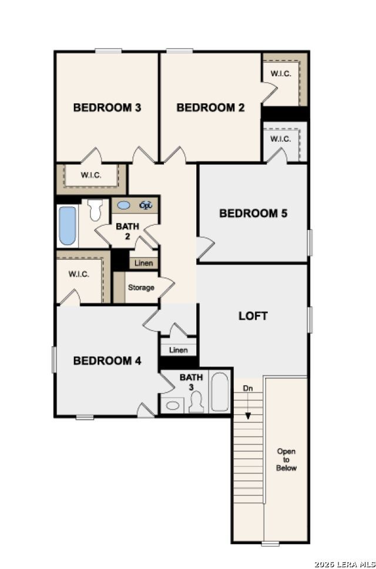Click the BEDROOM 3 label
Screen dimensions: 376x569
click(107, 107)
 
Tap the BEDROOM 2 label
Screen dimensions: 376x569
click(210, 107)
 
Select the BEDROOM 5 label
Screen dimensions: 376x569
click(253, 213)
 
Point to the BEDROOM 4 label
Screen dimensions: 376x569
click(107, 361)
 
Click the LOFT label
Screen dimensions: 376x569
click(253, 316)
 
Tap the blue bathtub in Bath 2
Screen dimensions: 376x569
click(68, 225)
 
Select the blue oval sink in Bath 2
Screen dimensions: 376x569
click(123, 205)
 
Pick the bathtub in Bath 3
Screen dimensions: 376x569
click(219, 392)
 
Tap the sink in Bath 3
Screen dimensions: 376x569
click(172, 405)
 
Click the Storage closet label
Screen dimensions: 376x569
click(141, 288)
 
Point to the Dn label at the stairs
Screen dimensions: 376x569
click(248, 389)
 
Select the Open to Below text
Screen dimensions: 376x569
click(286, 460)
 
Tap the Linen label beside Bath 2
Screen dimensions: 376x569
click(143, 263)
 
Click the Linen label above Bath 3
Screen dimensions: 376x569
click(179, 350)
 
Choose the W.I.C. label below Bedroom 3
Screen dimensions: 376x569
click(91, 175)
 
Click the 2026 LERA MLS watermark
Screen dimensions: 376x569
click(345, 564)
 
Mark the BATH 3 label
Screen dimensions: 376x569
click(191, 382)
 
